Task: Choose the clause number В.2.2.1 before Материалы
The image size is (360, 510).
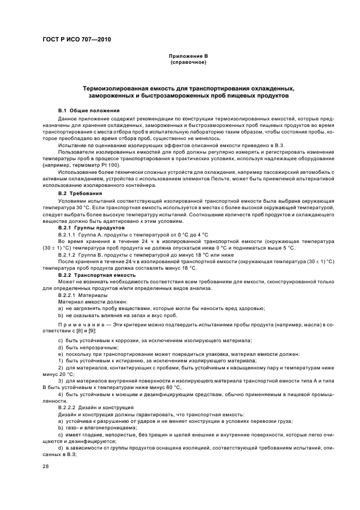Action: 68,295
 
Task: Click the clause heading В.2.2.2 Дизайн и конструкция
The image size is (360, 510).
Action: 91,407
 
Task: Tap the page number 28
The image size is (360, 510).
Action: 46,466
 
